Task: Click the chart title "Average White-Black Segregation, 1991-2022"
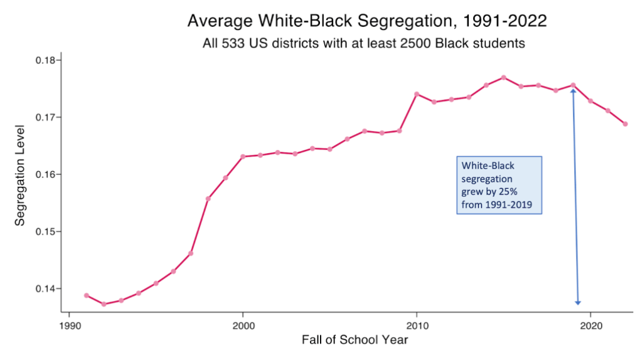(x=367, y=21)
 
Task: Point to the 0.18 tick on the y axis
(x=45, y=60)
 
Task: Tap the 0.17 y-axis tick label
(x=45, y=117)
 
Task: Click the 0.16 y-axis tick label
(x=45, y=174)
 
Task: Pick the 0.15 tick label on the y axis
(x=45, y=231)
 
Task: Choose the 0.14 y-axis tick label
(x=45, y=289)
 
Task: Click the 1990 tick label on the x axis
(x=69, y=326)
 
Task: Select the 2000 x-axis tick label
(x=243, y=326)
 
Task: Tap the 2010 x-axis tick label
(x=416, y=326)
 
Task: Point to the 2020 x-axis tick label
(x=590, y=326)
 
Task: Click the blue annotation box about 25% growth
(x=498, y=185)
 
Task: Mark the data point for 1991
(x=87, y=295)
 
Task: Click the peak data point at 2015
(x=503, y=78)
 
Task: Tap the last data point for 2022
(x=625, y=124)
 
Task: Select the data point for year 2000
(x=243, y=156)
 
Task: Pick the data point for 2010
(x=417, y=94)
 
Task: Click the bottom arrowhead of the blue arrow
(x=578, y=302)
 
